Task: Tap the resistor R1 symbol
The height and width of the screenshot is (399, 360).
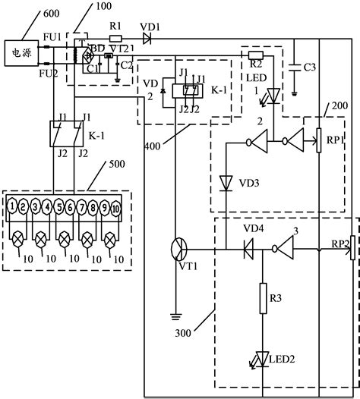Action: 115,38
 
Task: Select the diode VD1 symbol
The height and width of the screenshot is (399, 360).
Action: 147,38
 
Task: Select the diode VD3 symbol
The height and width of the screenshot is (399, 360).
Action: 226,183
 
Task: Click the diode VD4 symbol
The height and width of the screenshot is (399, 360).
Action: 248,249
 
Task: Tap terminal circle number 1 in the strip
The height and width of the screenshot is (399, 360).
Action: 14,206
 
